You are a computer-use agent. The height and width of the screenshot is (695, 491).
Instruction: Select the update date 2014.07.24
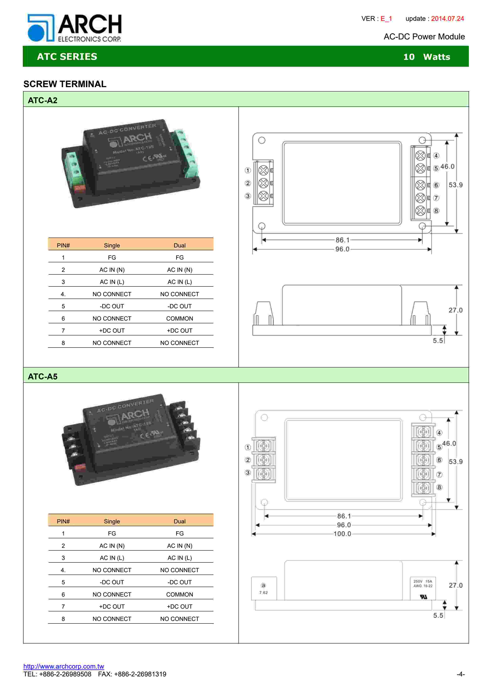tap(447, 18)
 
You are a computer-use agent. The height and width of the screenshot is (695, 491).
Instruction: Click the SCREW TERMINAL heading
tap(65, 84)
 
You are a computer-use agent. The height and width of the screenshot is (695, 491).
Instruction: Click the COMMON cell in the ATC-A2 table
tap(179, 318)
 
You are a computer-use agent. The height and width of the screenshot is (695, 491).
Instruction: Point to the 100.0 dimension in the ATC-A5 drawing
tap(342, 534)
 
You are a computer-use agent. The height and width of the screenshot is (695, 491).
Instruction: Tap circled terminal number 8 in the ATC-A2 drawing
tap(436, 211)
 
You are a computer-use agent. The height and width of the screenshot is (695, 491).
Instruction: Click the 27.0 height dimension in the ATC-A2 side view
tap(455, 310)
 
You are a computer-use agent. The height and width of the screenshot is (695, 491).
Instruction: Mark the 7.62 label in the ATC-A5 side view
tap(263, 592)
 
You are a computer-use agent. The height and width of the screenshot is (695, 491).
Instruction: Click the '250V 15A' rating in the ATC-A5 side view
tap(423, 581)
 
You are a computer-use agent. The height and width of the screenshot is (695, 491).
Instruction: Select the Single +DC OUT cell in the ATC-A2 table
tap(112, 330)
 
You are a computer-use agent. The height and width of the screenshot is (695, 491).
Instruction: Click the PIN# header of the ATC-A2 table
tap(63, 245)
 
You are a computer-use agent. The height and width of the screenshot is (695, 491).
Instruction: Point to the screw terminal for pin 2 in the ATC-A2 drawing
tap(263, 183)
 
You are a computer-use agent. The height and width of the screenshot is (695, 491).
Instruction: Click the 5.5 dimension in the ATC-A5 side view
tap(438, 615)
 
